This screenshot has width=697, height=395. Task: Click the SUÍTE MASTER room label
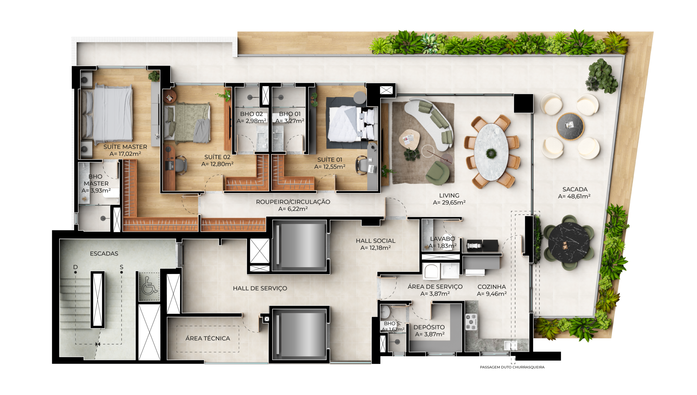(125, 147)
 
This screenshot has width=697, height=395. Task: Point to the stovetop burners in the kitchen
(471, 322)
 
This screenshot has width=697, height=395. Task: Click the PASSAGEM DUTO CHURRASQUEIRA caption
(512, 367)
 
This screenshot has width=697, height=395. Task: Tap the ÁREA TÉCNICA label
(208, 338)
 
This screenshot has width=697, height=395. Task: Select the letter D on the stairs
(75, 267)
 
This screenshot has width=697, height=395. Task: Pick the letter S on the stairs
(121, 267)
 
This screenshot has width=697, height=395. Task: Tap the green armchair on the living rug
(437, 173)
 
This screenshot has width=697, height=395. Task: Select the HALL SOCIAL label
(375, 241)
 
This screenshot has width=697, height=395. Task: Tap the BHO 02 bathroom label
(251, 114)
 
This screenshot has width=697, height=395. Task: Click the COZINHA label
(492, 287)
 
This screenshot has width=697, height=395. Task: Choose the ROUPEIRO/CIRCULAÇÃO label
(293, 202)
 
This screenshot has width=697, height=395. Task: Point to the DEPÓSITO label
(429, 327)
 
